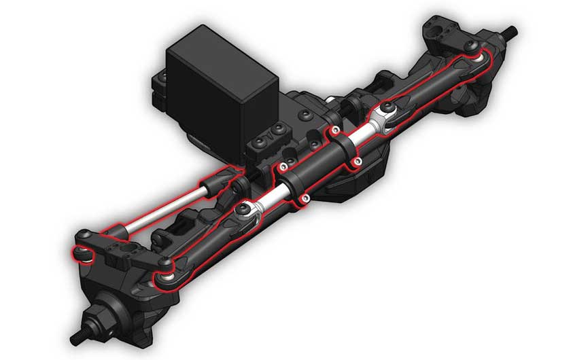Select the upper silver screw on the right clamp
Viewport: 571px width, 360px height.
coord(335,130)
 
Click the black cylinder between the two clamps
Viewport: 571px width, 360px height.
coord(319,162)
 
